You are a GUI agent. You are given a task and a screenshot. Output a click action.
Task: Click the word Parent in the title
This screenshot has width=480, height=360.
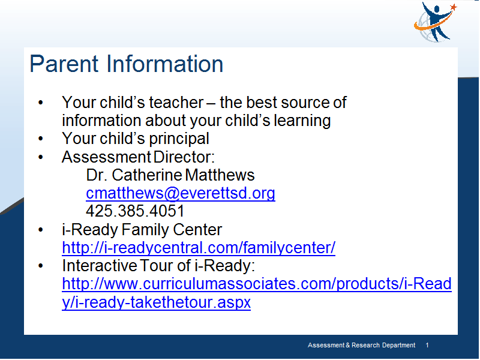tap(64, 64)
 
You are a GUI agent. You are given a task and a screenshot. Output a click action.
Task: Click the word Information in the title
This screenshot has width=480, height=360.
tap(164, 64)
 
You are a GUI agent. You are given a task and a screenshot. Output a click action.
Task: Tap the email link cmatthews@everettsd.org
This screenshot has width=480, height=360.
tap(181, 193)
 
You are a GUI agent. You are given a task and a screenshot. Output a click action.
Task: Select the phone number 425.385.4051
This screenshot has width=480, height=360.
tap(135, 211)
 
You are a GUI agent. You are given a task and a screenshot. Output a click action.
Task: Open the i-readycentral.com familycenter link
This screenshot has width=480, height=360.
tap(199, 248)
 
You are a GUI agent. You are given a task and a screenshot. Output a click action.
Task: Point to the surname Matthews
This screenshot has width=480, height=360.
tap(220, 175)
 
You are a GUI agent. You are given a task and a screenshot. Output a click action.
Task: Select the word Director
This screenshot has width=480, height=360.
tap(184, 157)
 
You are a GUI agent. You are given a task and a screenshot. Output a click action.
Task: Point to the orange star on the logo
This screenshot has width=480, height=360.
tap(454, 7)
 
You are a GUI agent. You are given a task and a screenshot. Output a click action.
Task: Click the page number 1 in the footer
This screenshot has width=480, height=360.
tap(427, 346)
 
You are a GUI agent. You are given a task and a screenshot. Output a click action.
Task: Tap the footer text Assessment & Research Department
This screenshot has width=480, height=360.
tap(362, 346)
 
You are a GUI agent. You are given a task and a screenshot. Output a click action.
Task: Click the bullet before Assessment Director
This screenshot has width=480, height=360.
tap(41, 157)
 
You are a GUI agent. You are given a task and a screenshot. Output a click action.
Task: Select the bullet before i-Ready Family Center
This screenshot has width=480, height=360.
tap(41, 230)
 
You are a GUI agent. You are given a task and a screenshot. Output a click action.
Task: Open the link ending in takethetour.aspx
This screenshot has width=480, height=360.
tap(257, 293)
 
